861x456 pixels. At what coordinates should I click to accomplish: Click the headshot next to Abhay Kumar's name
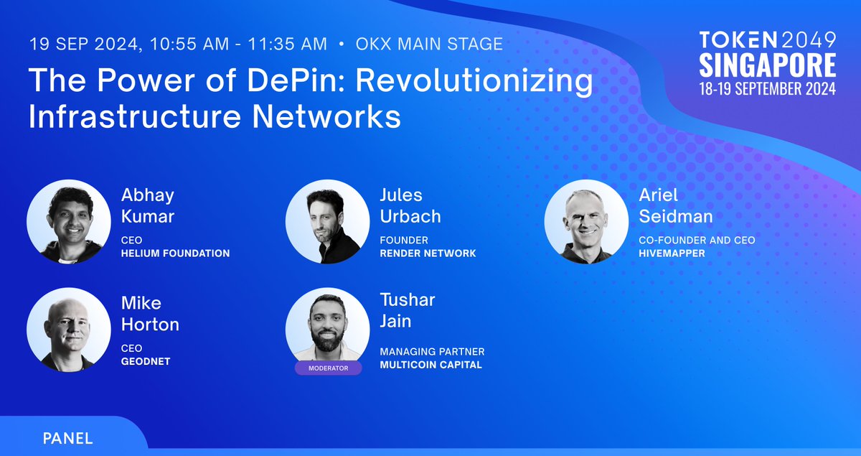tap(69, 222)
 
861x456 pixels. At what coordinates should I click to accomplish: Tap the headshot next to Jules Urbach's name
tap(327, 222)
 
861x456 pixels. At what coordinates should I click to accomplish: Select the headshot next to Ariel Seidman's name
tap(587, 222)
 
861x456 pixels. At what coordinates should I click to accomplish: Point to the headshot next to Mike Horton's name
tap(69, 330)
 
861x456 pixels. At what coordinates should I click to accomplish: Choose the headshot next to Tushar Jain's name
tap(327, 327)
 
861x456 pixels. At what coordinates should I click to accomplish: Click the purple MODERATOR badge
tap(329, 368)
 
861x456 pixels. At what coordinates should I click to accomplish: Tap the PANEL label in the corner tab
tap(67, 439)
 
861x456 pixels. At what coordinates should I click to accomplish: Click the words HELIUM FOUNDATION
tap(175, 253)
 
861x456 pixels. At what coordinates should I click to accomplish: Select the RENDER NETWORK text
tap(428, 253)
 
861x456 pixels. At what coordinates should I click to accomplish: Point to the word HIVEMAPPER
tap(672, 253)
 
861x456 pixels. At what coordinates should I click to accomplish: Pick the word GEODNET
tap(146, 361)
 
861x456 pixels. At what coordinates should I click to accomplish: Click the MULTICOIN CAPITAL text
tap(431, 365)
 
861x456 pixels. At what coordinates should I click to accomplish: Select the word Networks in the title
tap(326, 116)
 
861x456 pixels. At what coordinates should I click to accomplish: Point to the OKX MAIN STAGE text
tap(429, 44)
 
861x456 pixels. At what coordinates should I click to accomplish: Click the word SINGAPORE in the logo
tap(768, 65)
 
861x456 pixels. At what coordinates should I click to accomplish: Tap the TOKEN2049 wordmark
tap(768, 39)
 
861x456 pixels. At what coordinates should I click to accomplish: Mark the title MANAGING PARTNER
tap(432, 352)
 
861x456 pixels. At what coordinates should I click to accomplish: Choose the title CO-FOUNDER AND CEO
tap(697, 240)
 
